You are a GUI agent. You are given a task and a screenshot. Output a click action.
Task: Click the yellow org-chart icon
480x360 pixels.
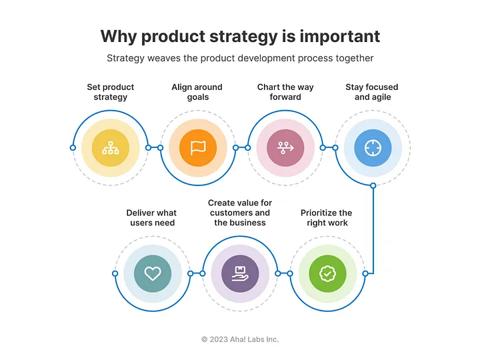[110, 148]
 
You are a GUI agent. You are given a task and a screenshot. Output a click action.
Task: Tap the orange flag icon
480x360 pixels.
[198, 148]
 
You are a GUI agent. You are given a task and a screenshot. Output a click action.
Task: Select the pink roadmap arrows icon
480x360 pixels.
[285, 148]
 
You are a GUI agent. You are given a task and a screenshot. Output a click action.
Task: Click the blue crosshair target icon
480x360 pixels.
[373, 148]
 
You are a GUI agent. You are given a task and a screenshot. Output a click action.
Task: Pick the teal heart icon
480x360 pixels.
[153, 273]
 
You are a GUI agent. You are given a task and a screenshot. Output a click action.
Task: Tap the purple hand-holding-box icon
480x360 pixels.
[240, 273]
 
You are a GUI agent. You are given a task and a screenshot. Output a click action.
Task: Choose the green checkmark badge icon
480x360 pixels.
[327, 273]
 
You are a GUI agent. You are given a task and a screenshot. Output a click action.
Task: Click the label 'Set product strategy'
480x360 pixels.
[110, 92]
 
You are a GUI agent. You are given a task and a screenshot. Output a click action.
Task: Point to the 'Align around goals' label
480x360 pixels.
[197, 92]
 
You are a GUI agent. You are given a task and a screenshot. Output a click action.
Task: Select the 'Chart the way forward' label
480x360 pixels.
[285, 92]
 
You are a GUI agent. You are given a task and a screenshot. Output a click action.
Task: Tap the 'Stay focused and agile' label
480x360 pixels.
[373, 92]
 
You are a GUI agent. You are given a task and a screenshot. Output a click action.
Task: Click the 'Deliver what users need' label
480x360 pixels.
[152, 218]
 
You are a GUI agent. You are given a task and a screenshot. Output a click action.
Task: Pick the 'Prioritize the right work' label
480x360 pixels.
[327, 218]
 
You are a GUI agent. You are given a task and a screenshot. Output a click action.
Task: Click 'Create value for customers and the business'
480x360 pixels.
[240, 213]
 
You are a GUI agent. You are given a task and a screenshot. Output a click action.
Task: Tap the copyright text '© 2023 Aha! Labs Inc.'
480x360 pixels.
[240, 339]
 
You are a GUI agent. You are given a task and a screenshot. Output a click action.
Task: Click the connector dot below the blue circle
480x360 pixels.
[373, 185]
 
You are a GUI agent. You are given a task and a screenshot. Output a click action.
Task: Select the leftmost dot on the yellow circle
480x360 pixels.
[73, 148]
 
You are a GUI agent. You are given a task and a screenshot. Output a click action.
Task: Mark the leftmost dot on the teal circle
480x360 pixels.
[115, 273]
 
